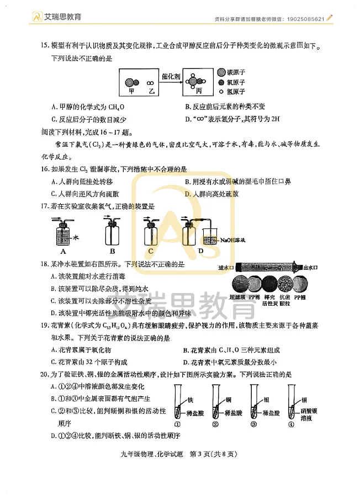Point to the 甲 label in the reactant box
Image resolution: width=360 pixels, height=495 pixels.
point(131,89)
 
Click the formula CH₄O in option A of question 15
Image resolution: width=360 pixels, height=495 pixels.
point(117,107)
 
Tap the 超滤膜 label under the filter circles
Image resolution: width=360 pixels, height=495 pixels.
point(237,297)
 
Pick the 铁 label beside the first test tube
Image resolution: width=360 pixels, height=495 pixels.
point(189,399)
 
